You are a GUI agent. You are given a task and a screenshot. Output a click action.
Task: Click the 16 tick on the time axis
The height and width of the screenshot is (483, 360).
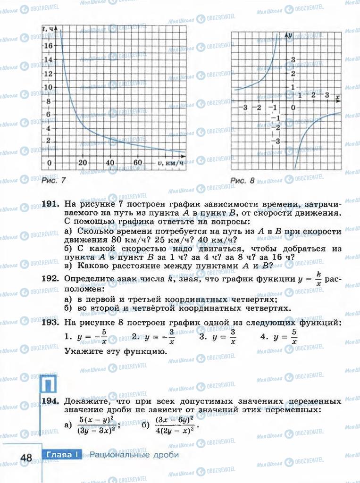48,46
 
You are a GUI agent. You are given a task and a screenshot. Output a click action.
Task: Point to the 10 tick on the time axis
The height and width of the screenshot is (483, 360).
48,87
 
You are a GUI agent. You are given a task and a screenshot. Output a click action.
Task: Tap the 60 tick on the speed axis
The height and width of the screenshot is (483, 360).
138,163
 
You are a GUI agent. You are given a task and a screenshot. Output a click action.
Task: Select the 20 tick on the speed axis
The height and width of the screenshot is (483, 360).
83,163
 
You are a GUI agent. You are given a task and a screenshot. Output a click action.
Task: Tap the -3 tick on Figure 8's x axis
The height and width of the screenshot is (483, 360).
243,108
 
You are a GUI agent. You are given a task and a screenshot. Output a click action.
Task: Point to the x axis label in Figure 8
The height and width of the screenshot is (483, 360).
338,97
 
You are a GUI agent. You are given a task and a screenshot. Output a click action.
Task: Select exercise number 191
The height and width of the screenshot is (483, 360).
50,204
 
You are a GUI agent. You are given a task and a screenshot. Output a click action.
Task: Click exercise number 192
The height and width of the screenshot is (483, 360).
50,279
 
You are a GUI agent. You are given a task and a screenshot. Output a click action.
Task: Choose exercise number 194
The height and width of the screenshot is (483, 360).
50,401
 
